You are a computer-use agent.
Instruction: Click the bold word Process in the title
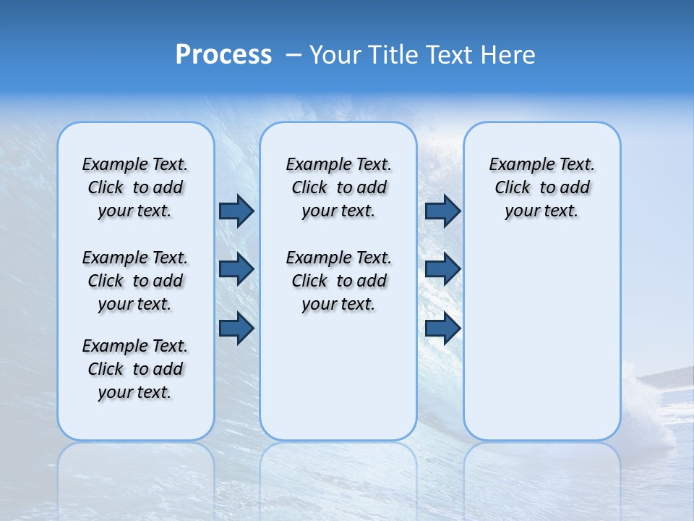[x=223, y=55]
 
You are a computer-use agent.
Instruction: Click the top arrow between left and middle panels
[x=236, y=211]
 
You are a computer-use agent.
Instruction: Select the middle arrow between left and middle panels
[x=236, y=269]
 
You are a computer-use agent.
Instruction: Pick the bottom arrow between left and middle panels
[x=236, y=328]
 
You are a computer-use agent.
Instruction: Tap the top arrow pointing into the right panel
[x=442, y=211]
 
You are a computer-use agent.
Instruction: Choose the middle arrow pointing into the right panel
[x=442, y=269]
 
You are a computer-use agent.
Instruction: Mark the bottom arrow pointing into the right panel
[x=442, y=328]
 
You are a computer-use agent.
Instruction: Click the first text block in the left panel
[x=135, y=187]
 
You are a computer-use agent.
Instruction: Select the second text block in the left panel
[x=135, y=281]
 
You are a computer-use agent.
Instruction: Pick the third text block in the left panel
[x=135, y=369]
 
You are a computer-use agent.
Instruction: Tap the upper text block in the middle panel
[x=338, y=187]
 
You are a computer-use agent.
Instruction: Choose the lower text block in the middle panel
[x=338, y=281]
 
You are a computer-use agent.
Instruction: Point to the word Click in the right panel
[x=513, y=188]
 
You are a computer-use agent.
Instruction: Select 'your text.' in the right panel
[x=541, y=211]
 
